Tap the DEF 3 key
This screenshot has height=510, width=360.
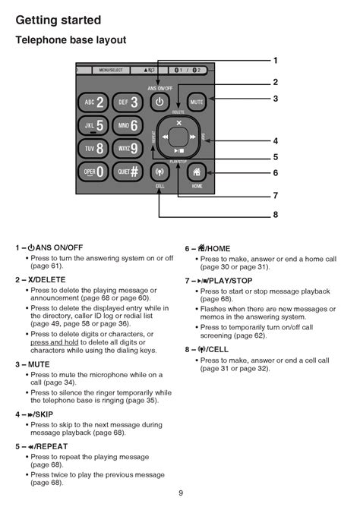128,102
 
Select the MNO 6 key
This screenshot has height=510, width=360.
128,126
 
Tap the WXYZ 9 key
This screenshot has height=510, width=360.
128,149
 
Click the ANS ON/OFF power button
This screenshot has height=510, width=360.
159,102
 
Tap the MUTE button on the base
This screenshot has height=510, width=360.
197,102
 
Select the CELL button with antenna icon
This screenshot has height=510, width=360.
159,172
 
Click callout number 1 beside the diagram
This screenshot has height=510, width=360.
276,61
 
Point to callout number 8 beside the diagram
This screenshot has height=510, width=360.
276,216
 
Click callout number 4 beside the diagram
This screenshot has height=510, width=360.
276,141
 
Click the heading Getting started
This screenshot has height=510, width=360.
58,18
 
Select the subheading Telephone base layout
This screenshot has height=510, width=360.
71,40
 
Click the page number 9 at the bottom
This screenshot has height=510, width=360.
181,493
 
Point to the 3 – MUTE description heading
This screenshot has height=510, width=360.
33,364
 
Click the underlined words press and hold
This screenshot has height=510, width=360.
52,342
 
